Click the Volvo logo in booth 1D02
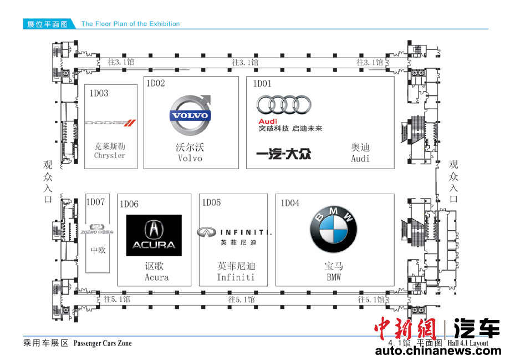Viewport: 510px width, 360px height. [x=190, y=115]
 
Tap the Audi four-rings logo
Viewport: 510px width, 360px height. [x=284, y=105]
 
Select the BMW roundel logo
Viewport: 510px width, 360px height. [x=333, y=232]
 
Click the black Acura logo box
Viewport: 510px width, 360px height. [x=154, y=235]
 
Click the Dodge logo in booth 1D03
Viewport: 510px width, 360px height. [x=110, y=123]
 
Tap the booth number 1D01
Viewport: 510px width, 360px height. [x=263, y=84]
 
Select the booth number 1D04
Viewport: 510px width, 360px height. [x=290, y=203]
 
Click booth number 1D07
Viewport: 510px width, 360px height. [x=95, y=202]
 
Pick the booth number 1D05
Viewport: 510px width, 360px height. [x=211, y=202]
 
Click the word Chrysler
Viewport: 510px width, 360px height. [x=110, y=155]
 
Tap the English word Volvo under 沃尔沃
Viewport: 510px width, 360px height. [x=190, y=158]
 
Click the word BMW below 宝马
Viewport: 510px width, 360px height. [x=333, y=277]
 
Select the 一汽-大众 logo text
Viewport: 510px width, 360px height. [x=283, y=154]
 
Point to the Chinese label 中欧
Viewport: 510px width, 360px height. [x=98, y=250]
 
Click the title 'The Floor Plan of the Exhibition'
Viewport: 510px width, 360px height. [x=130, y=24]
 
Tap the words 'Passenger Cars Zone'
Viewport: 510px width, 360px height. [x=103, y=343]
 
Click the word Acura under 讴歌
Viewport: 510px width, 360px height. [x=156, y=277]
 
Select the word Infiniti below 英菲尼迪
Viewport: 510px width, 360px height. [x=236, y=277]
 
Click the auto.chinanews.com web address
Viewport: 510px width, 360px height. [x=437, y=351]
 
